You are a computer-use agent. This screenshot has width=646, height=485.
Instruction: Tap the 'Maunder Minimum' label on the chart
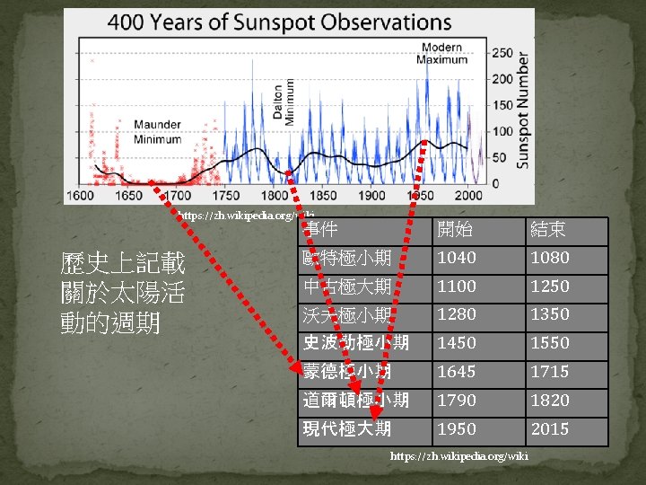(x=158, y=132)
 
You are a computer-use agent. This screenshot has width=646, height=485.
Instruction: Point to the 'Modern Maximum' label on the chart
(x=442, y=53)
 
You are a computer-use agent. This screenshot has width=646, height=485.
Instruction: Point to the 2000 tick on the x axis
(x=467, y=195)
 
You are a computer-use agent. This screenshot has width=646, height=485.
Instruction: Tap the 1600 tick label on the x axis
(x=80, y=195)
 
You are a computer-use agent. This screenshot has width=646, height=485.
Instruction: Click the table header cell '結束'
(x=548, y=230)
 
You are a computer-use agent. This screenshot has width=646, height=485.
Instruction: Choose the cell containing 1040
(x=456, y=258)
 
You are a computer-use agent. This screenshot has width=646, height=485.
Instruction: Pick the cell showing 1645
(x=456, y=372)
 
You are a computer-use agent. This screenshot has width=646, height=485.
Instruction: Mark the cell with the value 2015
(x=549, y=429)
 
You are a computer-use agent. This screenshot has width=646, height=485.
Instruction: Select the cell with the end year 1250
(x=549, y=287)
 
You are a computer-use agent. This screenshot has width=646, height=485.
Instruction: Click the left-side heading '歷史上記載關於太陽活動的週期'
(x=122, y=293)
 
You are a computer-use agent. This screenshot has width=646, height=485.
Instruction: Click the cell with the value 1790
(x=456, y=401)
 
